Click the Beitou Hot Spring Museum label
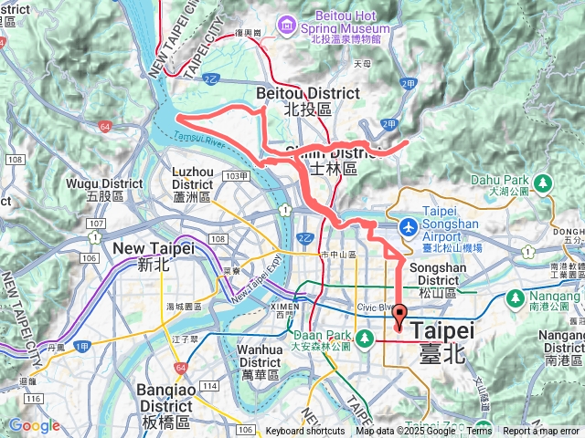point(352,22)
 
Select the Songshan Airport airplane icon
point(409,225)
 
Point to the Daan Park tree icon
point(365,339)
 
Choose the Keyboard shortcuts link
point(305,431)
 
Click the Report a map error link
point(542,431)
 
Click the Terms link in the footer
point(479,431)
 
